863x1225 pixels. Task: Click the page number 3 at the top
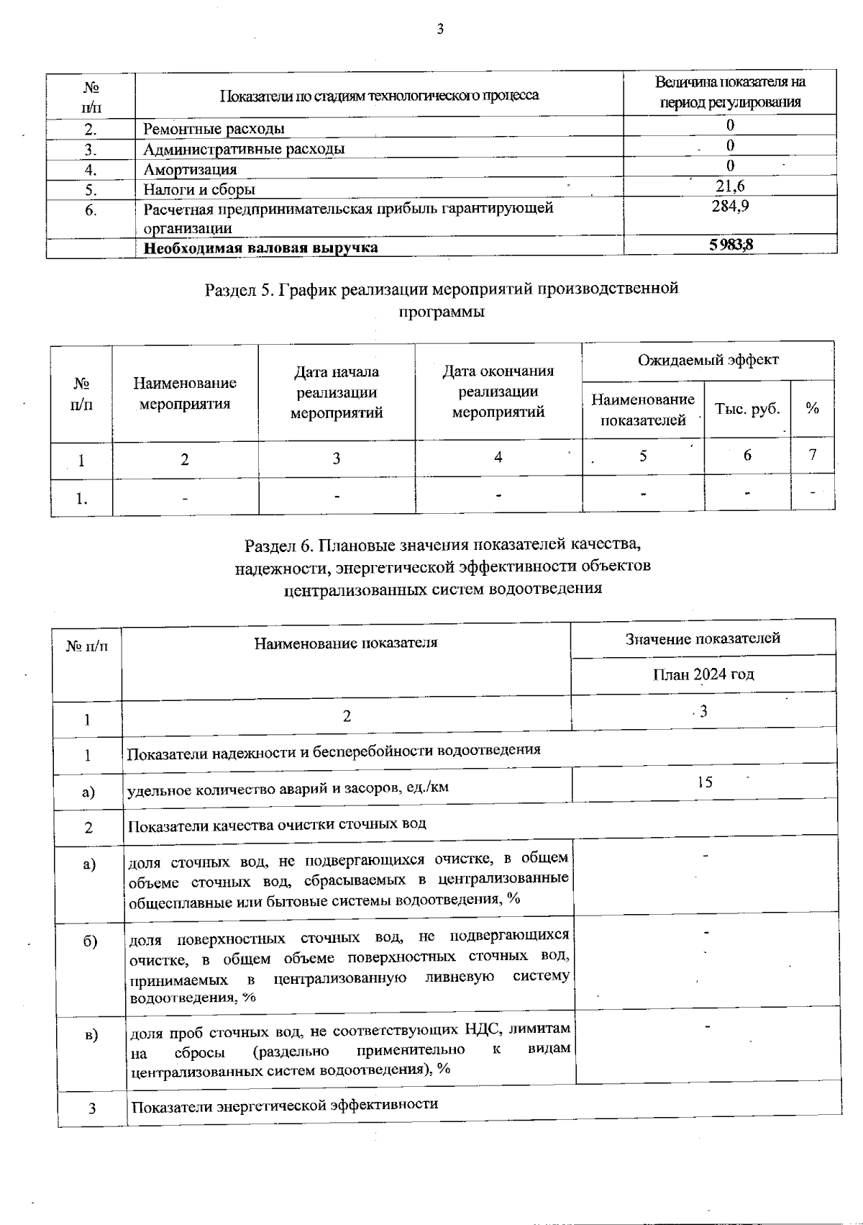(440, 30)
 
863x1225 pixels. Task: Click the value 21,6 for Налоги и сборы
(730, 187)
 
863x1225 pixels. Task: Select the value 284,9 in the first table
(730, 207)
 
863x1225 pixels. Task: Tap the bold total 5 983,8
(731, 245)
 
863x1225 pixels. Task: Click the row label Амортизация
(190, 170)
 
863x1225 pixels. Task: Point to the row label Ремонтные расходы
(214, 130)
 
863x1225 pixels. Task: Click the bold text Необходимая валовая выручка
(260, 248)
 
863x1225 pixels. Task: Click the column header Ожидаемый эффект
(708, 360)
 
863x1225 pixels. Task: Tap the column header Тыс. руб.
(747, 409)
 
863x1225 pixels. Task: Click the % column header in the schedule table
(813, 409)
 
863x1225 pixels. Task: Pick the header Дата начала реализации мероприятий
(336, 392)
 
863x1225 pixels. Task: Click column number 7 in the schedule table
(813, 456)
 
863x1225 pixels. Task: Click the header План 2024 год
(703, 674)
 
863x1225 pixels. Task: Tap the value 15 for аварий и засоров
(705, 782)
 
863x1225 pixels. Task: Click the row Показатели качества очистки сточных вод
(277, 824)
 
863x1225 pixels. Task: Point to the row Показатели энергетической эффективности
(285, 1105)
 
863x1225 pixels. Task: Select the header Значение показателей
(703, 638)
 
